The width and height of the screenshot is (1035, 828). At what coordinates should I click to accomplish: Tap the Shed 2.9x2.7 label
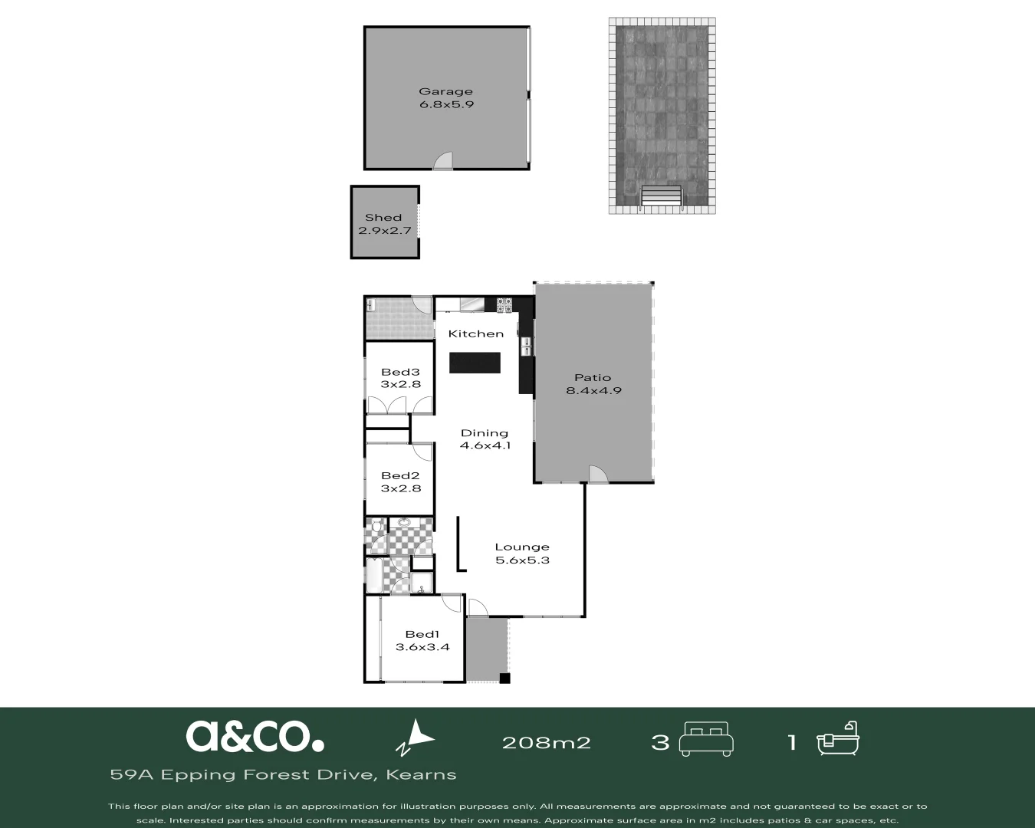pyautogui.click(x=384, y=223)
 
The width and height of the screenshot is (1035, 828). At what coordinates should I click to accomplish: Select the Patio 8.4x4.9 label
pyautogui.click(x=593, y=383)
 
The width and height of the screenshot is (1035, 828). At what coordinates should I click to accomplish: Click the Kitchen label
pyautogui.click(x=475, y=333)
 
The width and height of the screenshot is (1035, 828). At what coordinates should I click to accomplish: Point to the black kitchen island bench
pyautogui.click(x=475, y=363)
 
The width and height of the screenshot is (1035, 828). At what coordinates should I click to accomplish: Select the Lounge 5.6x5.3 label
pyautogui.click(x=522, y=553)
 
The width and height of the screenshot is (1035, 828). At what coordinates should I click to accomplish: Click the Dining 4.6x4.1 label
pyautogui.click(x=485, y=439)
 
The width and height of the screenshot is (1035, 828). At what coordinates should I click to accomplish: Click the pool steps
pyautogui.click(x=661, y=197)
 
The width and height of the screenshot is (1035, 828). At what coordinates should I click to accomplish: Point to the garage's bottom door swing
pyautogui.click(x=443, y=160)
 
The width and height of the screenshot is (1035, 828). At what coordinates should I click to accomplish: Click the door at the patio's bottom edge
pyautogui.click(x=598, y=474)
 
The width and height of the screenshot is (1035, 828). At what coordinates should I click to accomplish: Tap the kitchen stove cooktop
pyautogui.click(x=504, y=305)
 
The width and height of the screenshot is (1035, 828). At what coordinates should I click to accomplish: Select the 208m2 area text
pyautogui.click(x=546, y=742)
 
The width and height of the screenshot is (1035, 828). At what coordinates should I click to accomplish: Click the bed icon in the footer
pyautogui.click(x=706, y=738)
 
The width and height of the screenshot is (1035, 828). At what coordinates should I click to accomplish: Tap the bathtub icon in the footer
pyautogui.click(x=837, y=738)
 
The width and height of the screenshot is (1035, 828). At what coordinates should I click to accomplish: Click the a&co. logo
pyautogui.click(x=255, y=735)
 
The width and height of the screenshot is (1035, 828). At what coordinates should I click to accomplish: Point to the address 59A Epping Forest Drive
pyautogui.click(x=283, y=774)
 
